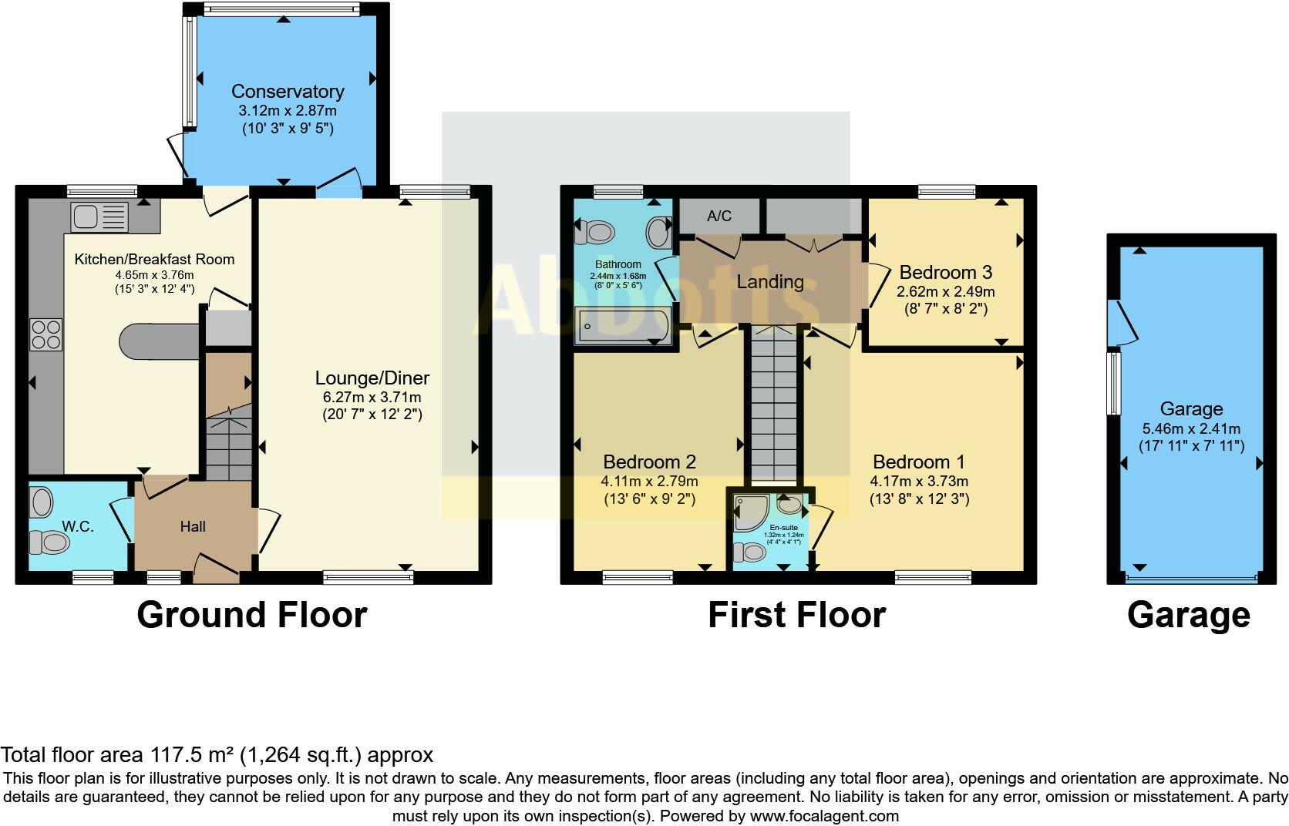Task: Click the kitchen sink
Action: point(99,217)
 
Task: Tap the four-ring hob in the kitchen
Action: point(45,334)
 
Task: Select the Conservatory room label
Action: point(288,92)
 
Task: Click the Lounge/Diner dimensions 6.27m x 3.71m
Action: point(372,398)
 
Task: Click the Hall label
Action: point(193,527)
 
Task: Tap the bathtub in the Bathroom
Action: point(621,325)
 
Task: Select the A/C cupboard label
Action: point(719,217)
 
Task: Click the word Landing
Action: point(769,282)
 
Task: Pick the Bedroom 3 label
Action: point(945,273)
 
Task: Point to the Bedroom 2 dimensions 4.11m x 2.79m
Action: point(649,482)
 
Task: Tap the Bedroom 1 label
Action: point(918,462)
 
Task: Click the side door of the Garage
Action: point(1122,321)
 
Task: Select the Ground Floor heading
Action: point(251,616)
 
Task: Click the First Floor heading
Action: point(796,616)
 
